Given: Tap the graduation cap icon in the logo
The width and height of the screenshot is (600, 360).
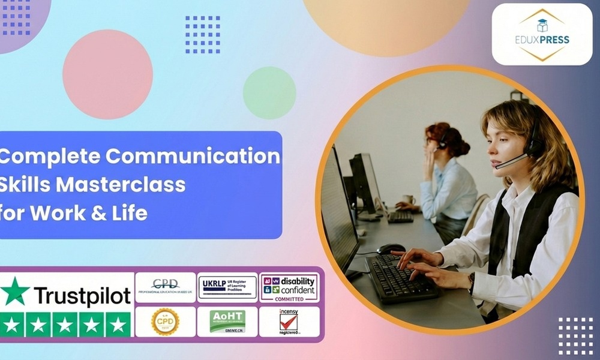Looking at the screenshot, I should [542, 25].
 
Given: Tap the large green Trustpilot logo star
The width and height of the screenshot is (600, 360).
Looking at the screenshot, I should [15, 291].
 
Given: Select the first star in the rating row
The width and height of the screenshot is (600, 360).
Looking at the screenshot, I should [13, 325].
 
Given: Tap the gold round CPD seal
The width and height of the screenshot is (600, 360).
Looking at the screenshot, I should [165, 322].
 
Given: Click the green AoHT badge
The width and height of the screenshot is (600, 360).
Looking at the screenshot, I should [227, 322].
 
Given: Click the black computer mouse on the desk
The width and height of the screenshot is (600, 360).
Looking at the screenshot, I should [391, 248].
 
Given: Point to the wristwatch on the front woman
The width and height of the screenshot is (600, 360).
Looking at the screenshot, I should [472, 282].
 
